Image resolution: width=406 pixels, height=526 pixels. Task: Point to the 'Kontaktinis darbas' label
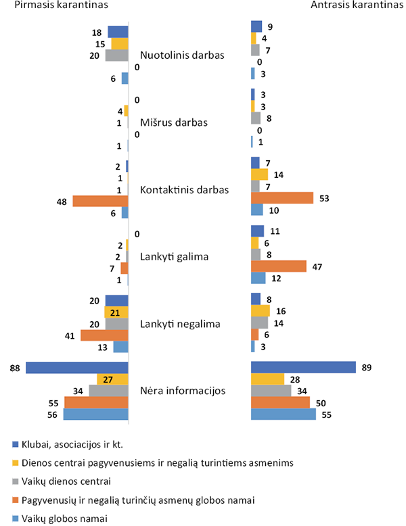[x=184, y=189]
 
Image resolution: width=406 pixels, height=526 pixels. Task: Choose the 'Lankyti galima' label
[x=175, y=256]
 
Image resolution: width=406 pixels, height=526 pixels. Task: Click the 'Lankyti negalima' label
[x=180, y=324]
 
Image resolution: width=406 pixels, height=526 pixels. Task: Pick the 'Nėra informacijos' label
[x=182, y=391]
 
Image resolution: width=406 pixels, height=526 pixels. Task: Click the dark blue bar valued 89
[x=303, y=367]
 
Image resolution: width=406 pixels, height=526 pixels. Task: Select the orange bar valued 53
[x=282, y=197]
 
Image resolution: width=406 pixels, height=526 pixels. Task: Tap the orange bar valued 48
[x=100, y=201]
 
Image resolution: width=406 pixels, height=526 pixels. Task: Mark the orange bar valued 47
[x=279, y=266]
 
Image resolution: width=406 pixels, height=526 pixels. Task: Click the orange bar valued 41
[x=104, y=335]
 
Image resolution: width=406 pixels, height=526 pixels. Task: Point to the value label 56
[x=53, y=414]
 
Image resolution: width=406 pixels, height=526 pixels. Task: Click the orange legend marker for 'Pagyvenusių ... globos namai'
[x=14, y=500]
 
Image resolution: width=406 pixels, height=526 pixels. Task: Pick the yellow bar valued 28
[x=267, y=379]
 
